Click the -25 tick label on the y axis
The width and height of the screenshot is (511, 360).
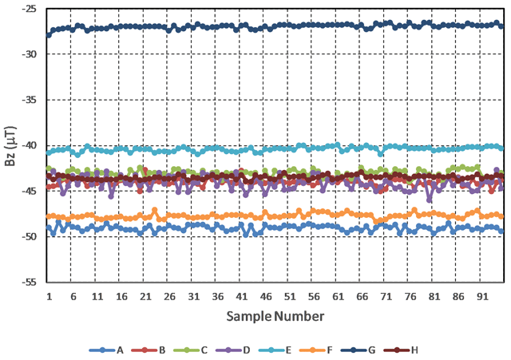click(x=30, y=9)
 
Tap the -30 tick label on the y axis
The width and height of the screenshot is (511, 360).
click(x=30, y=54)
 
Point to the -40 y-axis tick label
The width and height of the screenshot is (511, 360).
click(x=30, y=145)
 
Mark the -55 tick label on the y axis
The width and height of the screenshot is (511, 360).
click(x=30, y=283)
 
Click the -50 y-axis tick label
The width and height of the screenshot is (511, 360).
click(x=30, y=237)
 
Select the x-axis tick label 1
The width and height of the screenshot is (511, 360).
click(x=49, y=296)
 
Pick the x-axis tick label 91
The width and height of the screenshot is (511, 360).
click(x=481, y=296)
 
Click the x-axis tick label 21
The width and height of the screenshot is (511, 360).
click(x=145, y=296)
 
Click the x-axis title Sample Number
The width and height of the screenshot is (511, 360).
click(x=275, y=316)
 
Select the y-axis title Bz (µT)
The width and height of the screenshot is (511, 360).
click(x=9, y=146)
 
